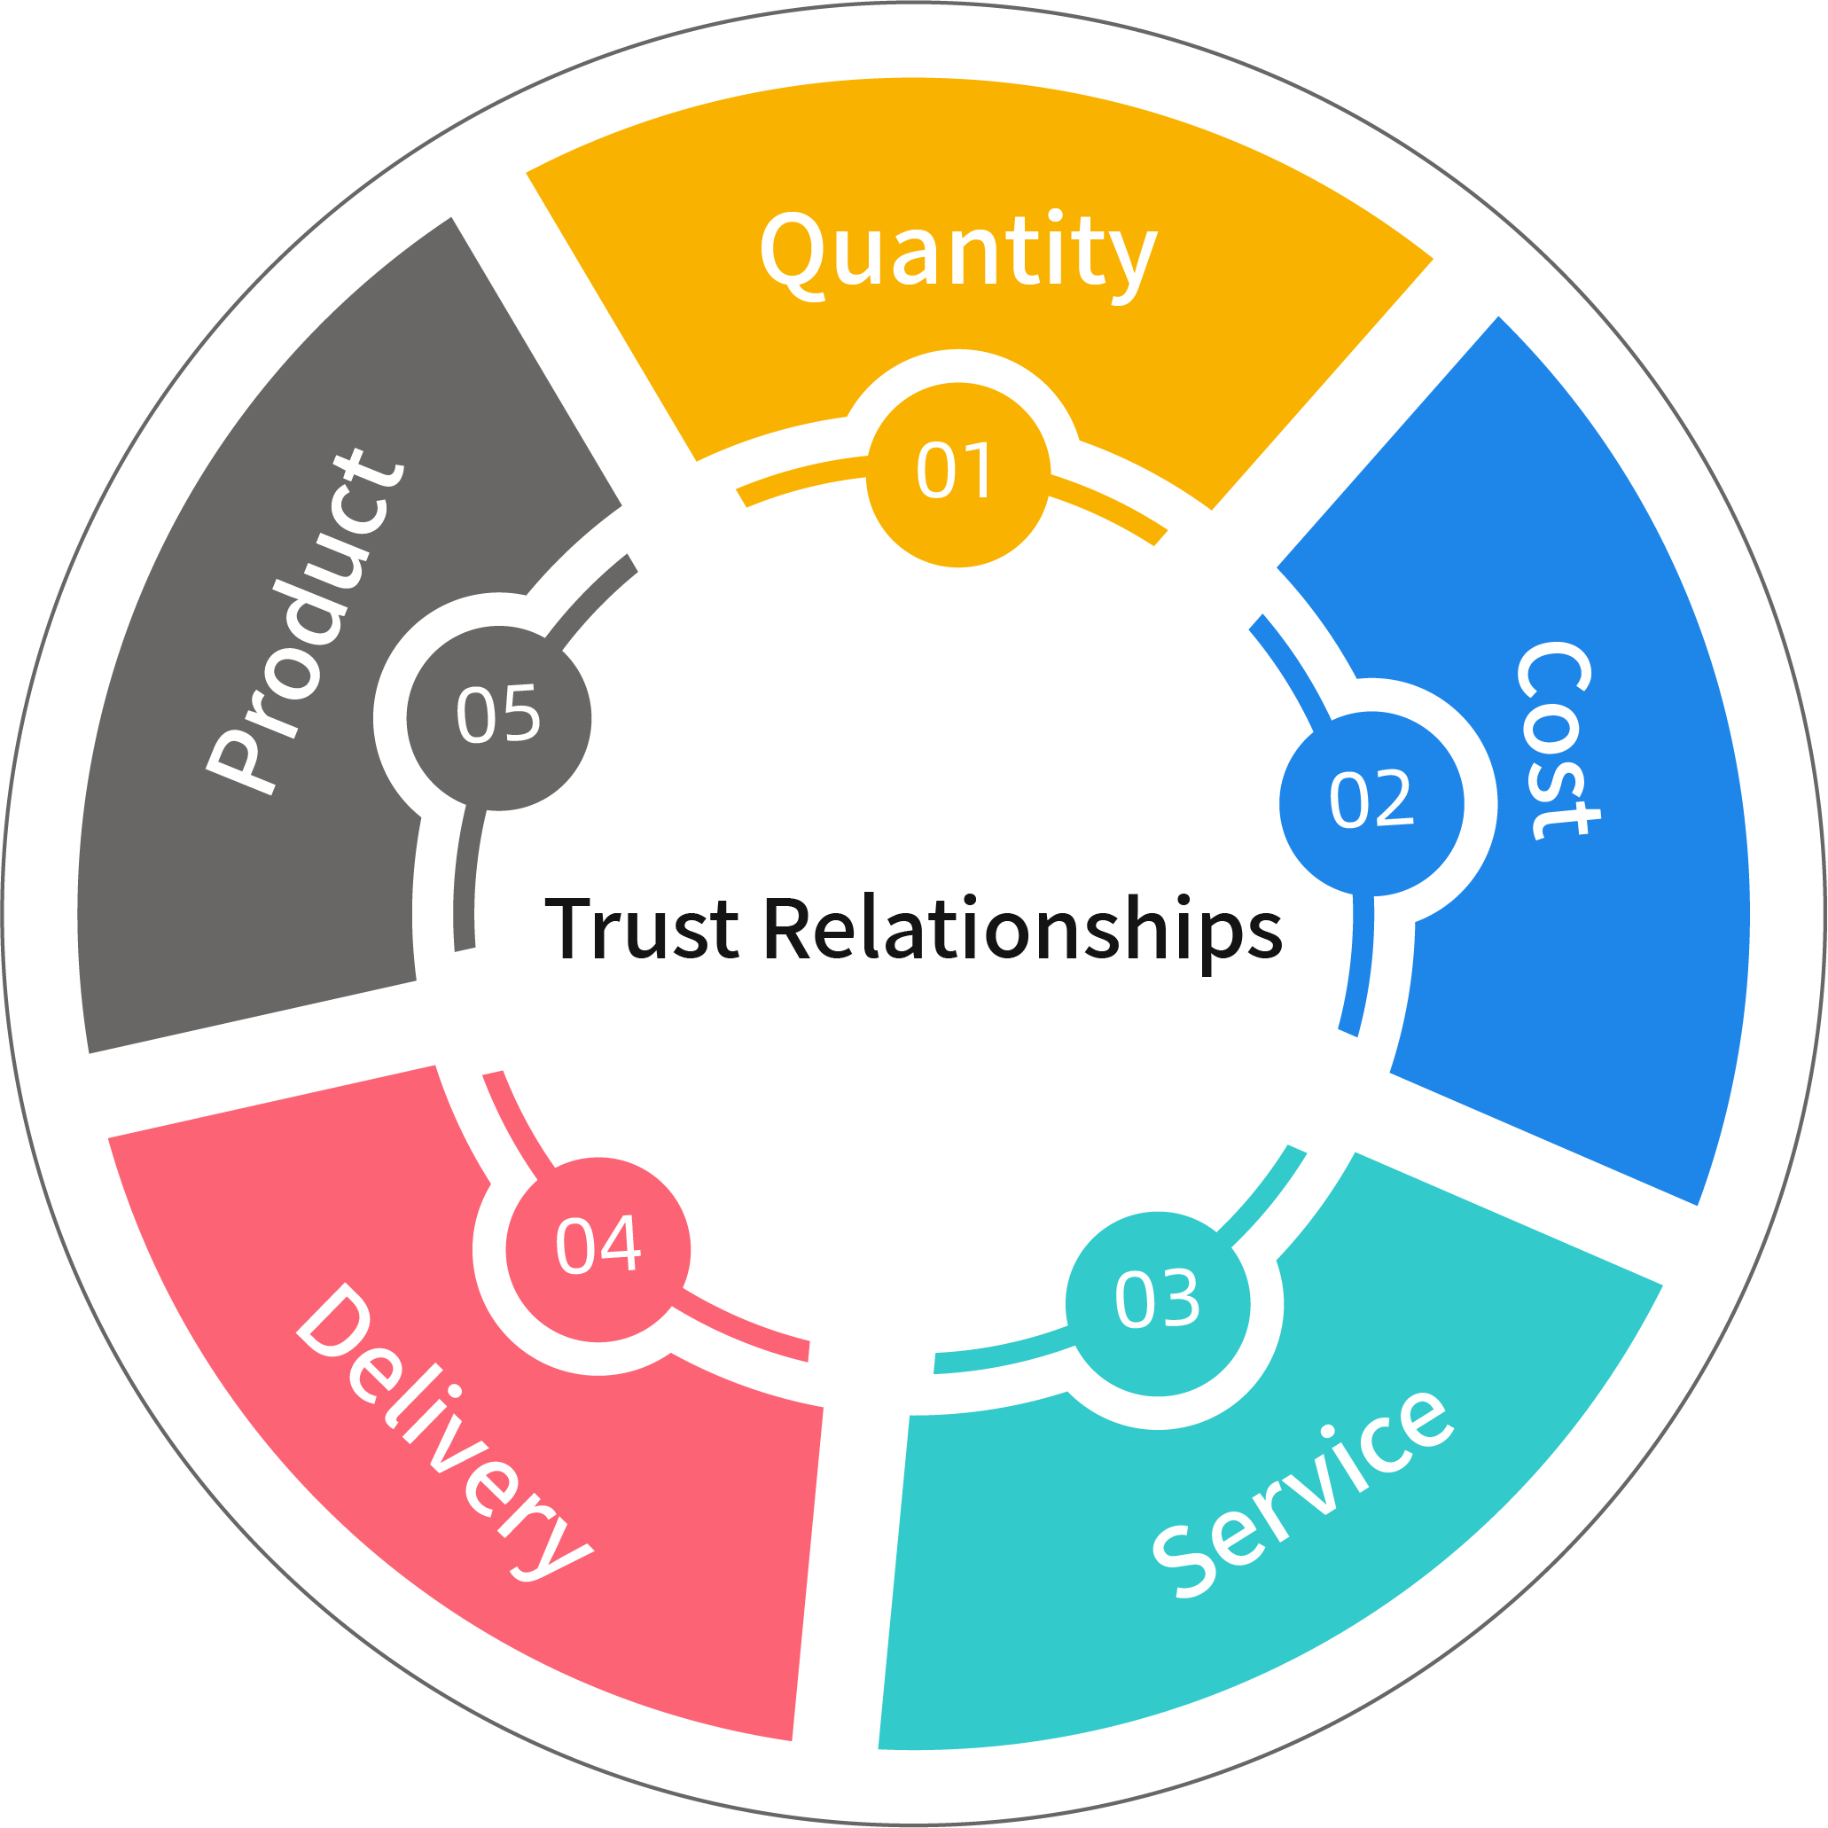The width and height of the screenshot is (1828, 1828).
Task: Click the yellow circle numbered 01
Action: click(x=957, y=474)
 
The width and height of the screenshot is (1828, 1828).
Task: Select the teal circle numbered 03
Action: click(x=1157, y=1303)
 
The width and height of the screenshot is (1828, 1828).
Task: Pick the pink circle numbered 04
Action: click(x=598, y=1249)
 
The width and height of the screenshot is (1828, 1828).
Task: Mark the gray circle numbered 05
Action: click(x=498, y=718)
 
